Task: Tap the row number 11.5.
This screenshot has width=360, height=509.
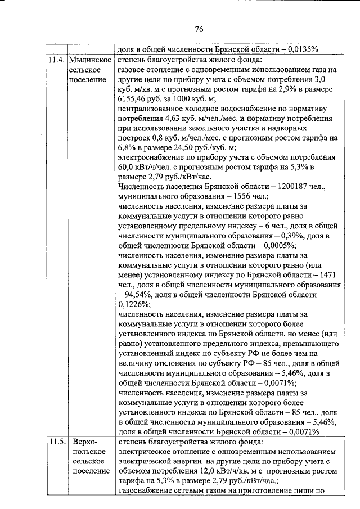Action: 56,442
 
